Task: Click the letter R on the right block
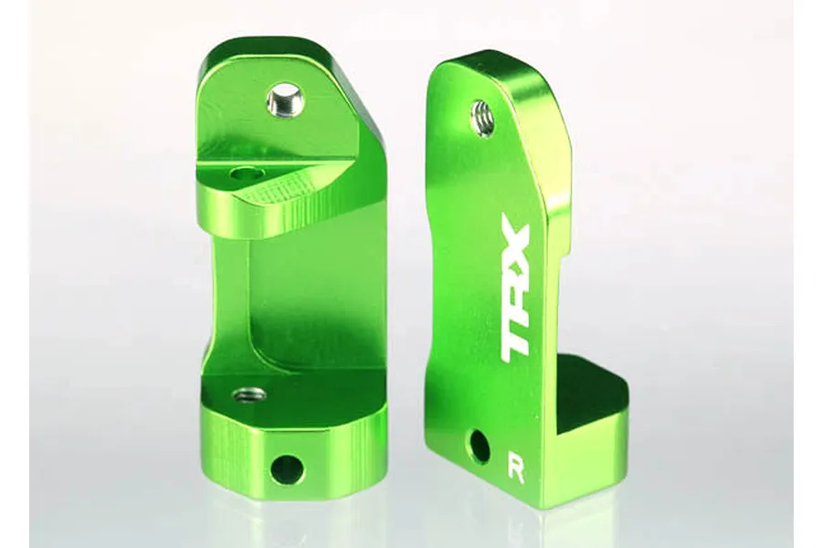point(517,473)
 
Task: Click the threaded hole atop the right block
point(482,118)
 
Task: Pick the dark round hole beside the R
point(479,447)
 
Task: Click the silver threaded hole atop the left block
point(287,99)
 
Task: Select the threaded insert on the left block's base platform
point(249,395)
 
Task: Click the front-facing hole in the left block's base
point(286,469)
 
